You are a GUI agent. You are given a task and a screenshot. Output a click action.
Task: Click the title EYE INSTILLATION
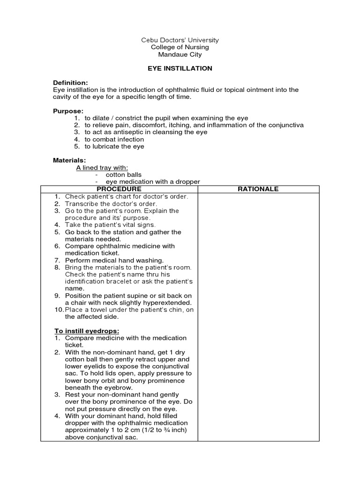pyautogui.click(x=180, y=68)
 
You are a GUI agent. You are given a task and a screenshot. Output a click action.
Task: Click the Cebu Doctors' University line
pyautogui.click(x=180, y=40)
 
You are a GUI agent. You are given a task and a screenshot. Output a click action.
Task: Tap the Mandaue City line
pyautogui.click(x=180, y=54)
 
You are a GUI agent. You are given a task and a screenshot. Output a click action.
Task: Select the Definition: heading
pyautogui.click(x=70, y=82)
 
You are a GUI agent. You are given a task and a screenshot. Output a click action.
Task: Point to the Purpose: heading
pyautogui.click(x=68, y=111)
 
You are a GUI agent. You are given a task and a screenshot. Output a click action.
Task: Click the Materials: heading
pyautogui.click(x=69, y=160)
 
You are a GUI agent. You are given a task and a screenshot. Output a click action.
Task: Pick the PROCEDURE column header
pyautogui.click(x=119, y=189)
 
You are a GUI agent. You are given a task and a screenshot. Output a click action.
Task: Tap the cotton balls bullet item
pyautogui.click(x=124, y=175)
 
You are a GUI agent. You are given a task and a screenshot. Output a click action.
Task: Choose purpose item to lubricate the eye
pyautogui.click(x=114, y=146)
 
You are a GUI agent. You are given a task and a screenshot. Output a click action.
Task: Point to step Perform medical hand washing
pyautogui.click(x=114, y=260)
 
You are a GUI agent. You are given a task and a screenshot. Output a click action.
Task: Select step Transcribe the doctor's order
pyautogui.click(x=111, y=204)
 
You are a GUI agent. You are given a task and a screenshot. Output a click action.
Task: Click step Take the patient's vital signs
pyautogui.click(x=110, y=225)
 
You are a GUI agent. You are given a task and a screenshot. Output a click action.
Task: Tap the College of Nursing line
pyautogui.click(x=180, y=47)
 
